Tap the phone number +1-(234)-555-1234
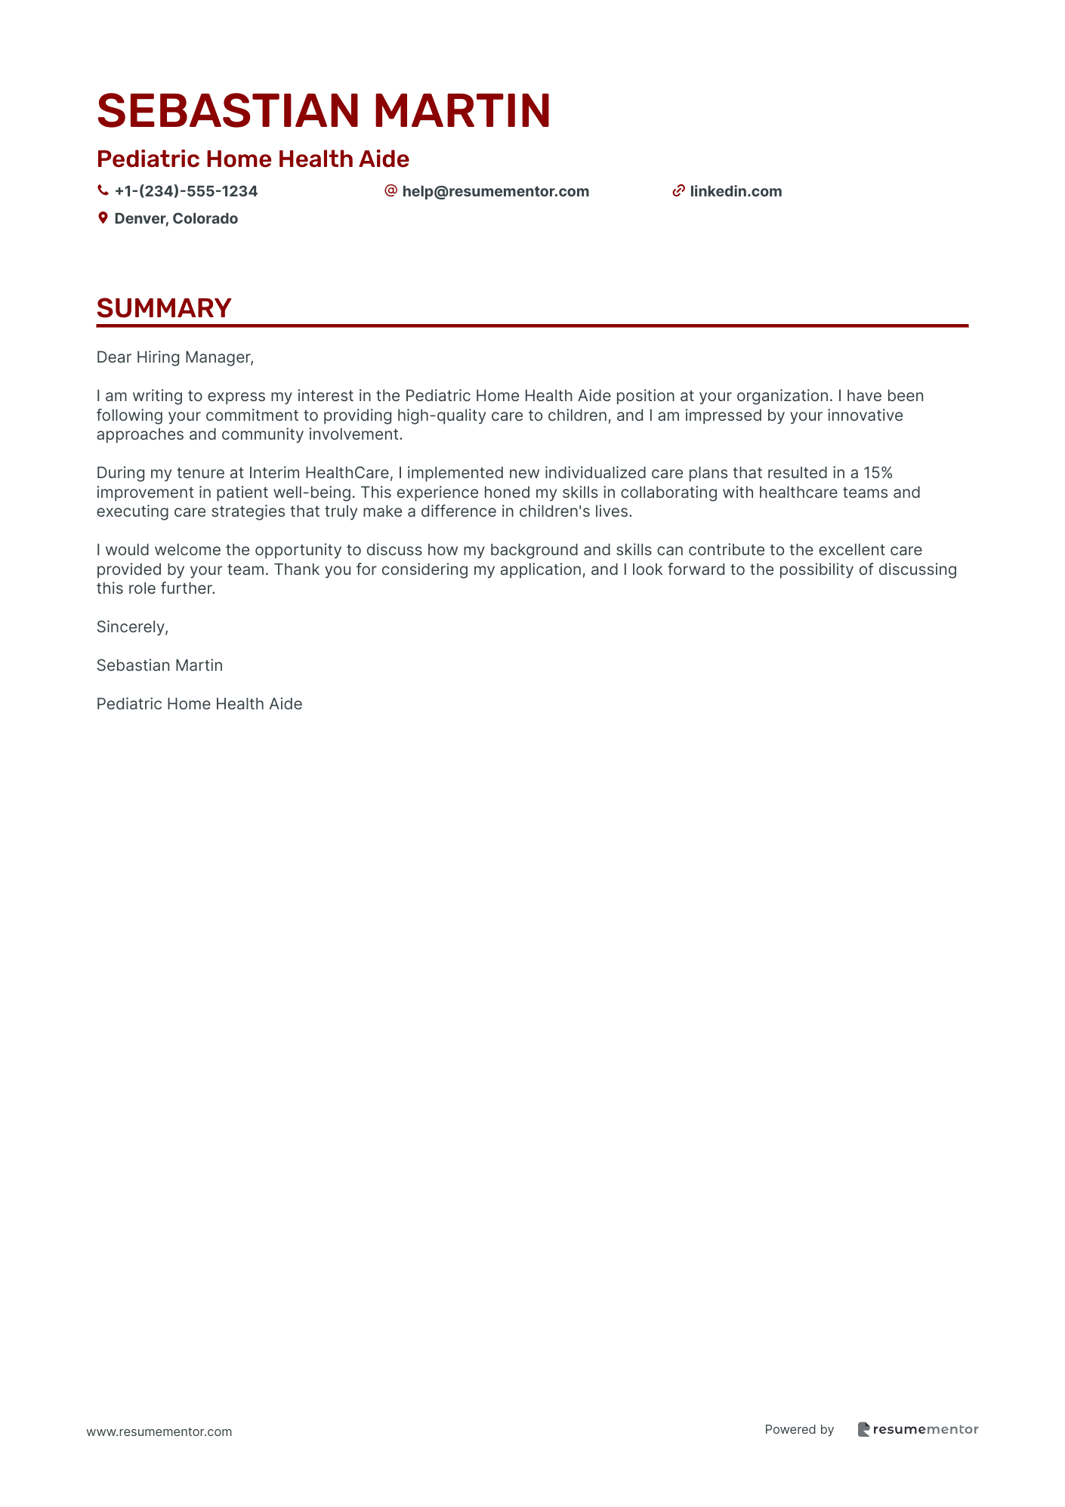click(186, 191)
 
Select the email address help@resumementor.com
click(495, 191)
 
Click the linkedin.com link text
click(736, 191)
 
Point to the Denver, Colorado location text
click(176, 218)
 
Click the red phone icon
click(103, 191)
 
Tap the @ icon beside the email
click(390, 190)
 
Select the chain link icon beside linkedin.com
click(678, 191)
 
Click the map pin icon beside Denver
click(103, 218)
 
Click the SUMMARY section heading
click(164, 308)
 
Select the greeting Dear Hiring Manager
click(174, 357)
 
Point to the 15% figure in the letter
click(878, 473)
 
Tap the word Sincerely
click(132, 627)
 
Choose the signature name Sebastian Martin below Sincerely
click(159, 665)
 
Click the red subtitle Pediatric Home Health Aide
click(253, 159)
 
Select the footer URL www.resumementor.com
click(159, 1431)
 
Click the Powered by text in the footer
click(799, 1429)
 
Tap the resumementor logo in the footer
click(918, 1429)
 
